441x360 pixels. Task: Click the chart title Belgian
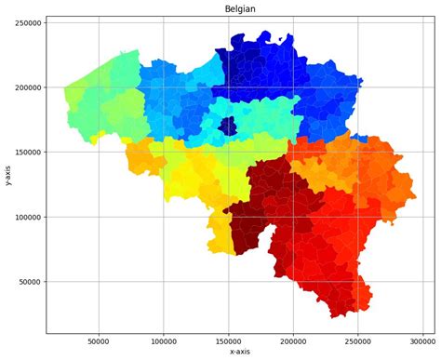(x=240, y=8)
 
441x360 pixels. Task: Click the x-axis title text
(x=240, y=352)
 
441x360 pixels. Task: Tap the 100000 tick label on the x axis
(x=164, y=340)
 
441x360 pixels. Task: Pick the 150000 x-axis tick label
(x=229, y=340)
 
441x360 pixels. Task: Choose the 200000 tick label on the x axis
(x=294, y=340)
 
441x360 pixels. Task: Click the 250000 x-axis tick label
(x=359, y=340)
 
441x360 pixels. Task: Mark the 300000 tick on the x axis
(x=424, y=340)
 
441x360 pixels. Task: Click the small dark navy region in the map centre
(x=227, y=127)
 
